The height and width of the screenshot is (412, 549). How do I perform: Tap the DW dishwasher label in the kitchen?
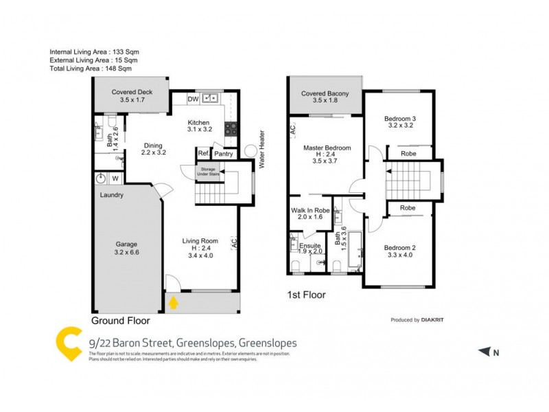pyautogui.click(x=193, y=100)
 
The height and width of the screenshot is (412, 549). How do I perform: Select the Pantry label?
pyautogui.click(x=224, y=154)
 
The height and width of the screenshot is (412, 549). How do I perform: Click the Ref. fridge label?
pyautogui.click(x=203, y=154)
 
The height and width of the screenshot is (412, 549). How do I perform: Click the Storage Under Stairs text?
pyautogui.click(x=208, y=172)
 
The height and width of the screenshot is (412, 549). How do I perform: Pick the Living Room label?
pyautogui.click(x=200, y=241)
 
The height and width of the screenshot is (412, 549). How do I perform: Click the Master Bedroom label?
pyautogui.click(x=327, y=148)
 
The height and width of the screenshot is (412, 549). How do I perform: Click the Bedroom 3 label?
pyautogui.click(x=399, y=119)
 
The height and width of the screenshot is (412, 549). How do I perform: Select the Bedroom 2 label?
pyautogui.click(x=399, y=247)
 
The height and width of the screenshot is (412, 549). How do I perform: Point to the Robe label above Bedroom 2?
pyautogui.click(x=408, y=207)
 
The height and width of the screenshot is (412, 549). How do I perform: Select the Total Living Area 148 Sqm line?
pyautogui.click(x=90, y=69)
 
